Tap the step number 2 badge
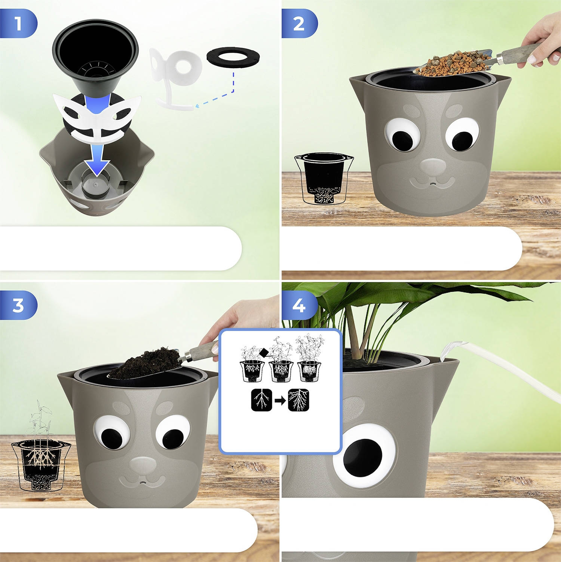point(299,24)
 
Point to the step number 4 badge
point(299,305)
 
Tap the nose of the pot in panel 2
point(432,166)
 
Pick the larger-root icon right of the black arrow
point(299,400)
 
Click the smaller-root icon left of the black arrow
point(263,400)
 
